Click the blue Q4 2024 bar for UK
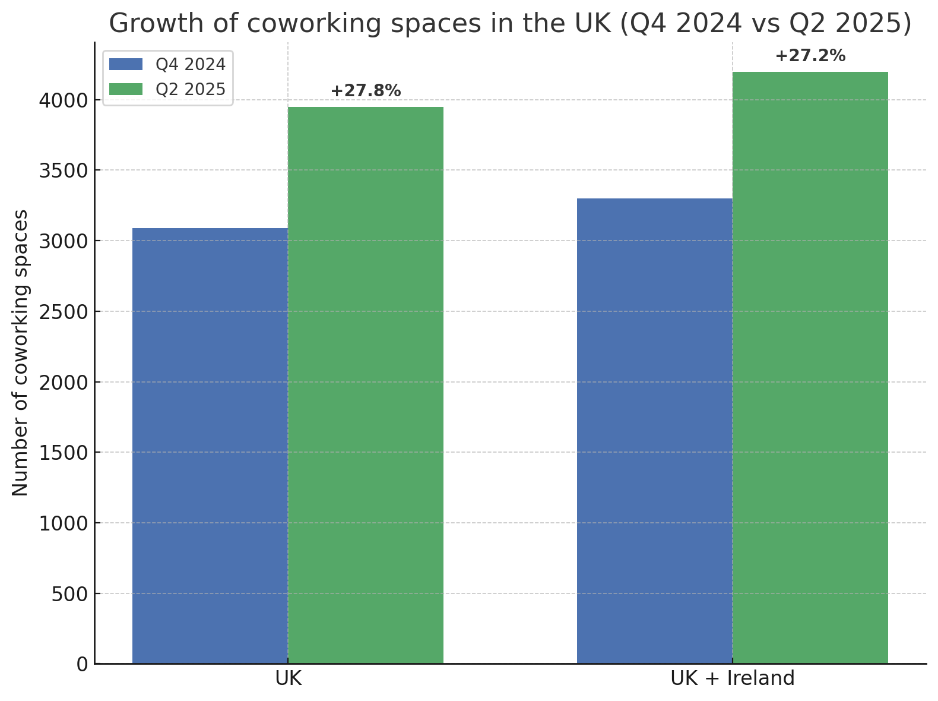[x=210, y=446]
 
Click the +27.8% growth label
[x=366, y=91]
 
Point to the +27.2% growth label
[x=810, y=56]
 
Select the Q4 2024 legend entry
[x=191, y=64]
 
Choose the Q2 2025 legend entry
[x=191, y=89]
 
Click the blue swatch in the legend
[x=126, y=64]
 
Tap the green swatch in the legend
[x=126, y=89]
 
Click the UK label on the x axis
[x=289, y=678]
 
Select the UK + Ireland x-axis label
[x=732, y=678]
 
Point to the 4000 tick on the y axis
[x=63, y=100]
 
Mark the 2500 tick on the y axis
[x=63, y=312]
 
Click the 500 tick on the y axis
[x=69, y=594]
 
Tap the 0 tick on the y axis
[x=83, y=664]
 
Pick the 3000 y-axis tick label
[x=63, y=241]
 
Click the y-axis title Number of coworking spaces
[x=20, y=353]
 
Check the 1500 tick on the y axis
[x=63, y=453]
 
